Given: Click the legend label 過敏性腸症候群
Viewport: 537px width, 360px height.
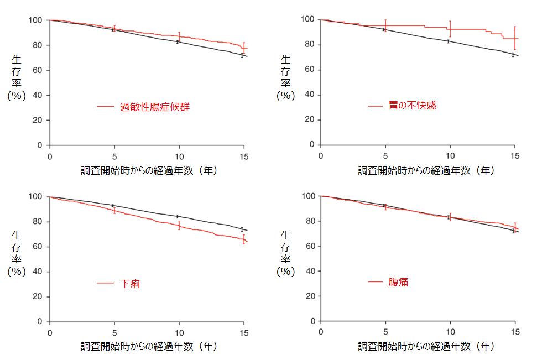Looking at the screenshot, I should pyautogui.click(x=155, y=107).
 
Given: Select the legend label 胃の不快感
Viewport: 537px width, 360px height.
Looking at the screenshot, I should pyautogui.click(x=412, y=105).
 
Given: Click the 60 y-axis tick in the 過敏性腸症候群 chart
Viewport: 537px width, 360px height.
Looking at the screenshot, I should pyautogui.click(x=37, y=70).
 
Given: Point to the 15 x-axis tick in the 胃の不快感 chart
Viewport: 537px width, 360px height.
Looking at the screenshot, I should pyautogui.click(x=514, y=156).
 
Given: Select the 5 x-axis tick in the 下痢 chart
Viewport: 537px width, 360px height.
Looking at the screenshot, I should pyautogui.click(x=114, y=332).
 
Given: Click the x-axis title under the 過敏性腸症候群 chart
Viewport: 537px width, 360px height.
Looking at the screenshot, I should pyautogui.click(x=149, y=170).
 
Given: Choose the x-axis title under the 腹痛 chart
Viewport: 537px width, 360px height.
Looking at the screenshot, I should pyautogui.click(x=426, y=346).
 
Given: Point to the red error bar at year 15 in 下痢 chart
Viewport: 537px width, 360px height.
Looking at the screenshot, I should pyautogui.click(x=244, y=239).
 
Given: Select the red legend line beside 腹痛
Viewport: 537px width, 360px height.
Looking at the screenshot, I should pyautogui.click(x=375, y=282).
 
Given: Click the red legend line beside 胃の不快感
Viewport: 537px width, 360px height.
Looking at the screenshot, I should pyautogui.click(x=375, y=105).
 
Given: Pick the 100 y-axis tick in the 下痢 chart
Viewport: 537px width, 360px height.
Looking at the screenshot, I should pyautogui.click(x=35, y=196).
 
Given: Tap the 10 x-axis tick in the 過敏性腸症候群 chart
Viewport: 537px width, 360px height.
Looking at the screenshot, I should pyautogui.click(x=179, y=156).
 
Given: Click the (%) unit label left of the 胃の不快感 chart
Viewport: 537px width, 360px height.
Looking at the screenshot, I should pyautogui.click(x=285, y=95).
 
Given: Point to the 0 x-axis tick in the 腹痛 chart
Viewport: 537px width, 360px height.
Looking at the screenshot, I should pyautogui.click(x=321, y=332).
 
